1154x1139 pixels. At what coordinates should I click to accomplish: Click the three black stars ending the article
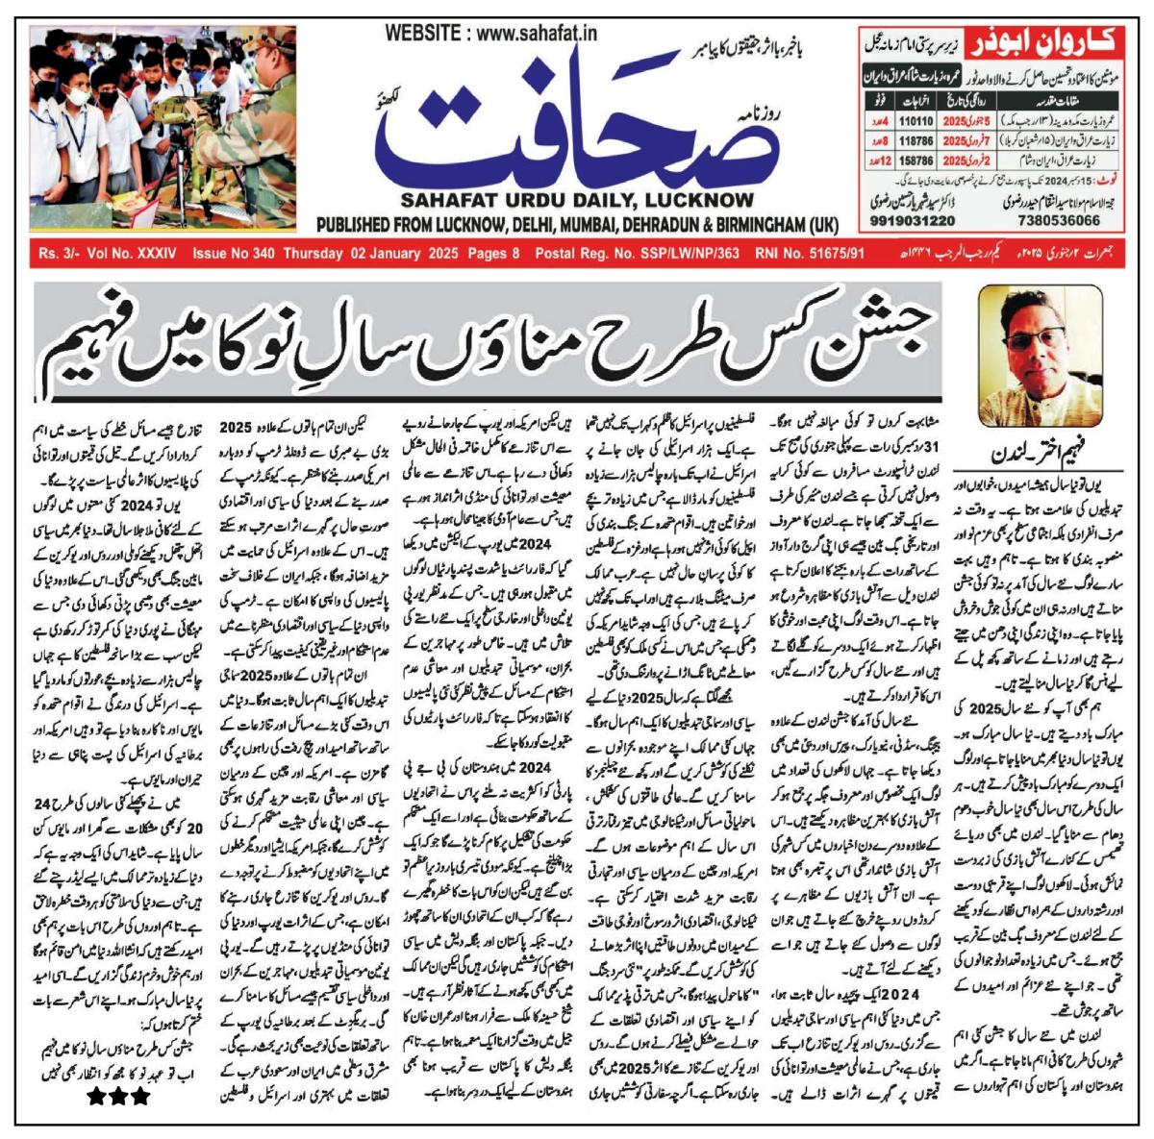point(119,1095)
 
